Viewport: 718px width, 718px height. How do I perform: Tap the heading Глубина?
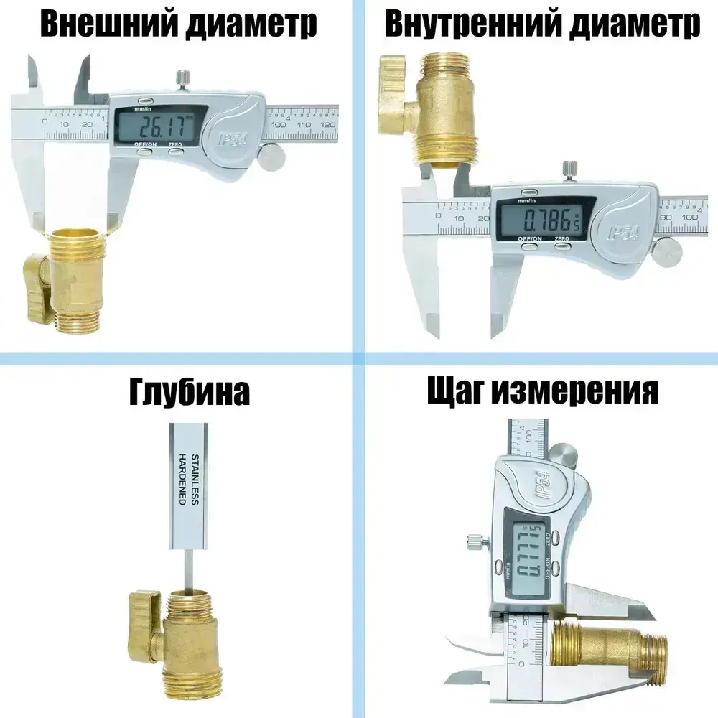pos(190,392)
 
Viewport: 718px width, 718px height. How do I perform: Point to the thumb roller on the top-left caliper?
pos(271,158)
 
